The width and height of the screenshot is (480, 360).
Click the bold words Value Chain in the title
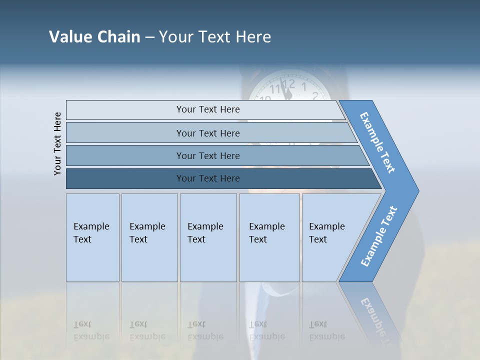[x=94, y=37]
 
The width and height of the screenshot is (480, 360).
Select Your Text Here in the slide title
[x=215, y=37]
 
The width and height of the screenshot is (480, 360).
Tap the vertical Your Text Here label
[x=57, y=143]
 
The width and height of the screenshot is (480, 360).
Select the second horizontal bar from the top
[x=207, y=133]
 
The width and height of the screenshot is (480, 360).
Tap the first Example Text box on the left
[x=92, y=237]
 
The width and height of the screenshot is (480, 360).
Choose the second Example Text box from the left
[x=149, y=237]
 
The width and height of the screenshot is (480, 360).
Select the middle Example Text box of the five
[x=208, y=237]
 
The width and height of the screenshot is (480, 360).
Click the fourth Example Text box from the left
[x=269, y=237]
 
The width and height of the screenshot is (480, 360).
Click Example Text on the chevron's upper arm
[x=377, y=142]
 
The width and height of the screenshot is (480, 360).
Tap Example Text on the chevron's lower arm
[x=379, y=236]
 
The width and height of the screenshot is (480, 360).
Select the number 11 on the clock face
[x=275, y=89]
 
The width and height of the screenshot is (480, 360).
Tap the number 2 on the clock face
[x=315, y=95]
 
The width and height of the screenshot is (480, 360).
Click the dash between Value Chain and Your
[x=149, y=37]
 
